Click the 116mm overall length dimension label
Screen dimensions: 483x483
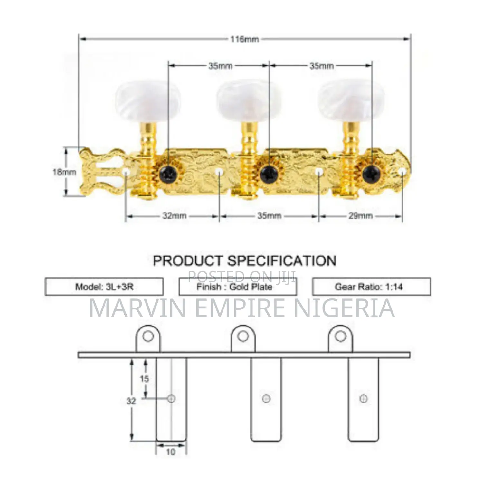(x=244, y=39)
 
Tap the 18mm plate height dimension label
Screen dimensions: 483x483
(x=64, y=172)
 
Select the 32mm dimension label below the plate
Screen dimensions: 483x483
(x=175, y=215)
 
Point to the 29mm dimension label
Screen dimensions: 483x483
(x=361, y=215)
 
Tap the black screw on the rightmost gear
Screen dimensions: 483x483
(x=371, y=174)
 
